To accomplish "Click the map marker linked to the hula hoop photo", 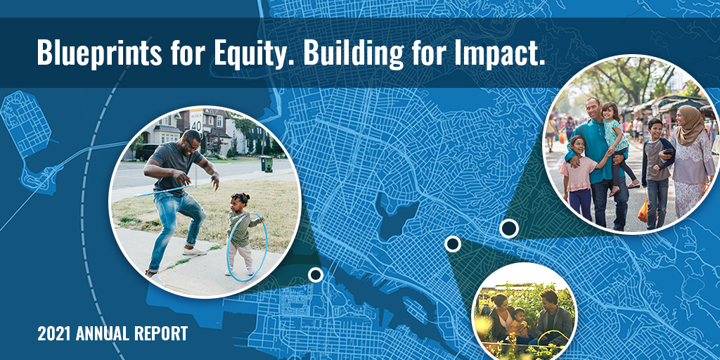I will coord(316,274).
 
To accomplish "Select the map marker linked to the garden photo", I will coord(453,244).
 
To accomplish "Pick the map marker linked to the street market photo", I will coord(508,228).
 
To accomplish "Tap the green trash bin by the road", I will coord(266,163).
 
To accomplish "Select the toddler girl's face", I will coord(243,202).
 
